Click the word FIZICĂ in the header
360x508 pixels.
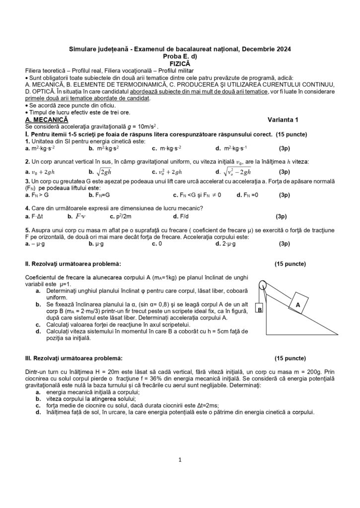(x=179, y=63)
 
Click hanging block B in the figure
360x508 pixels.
(x=259, y=309)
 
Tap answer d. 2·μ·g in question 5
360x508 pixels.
(x=229, y=244)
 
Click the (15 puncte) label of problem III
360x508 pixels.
(x=290, y=358)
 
